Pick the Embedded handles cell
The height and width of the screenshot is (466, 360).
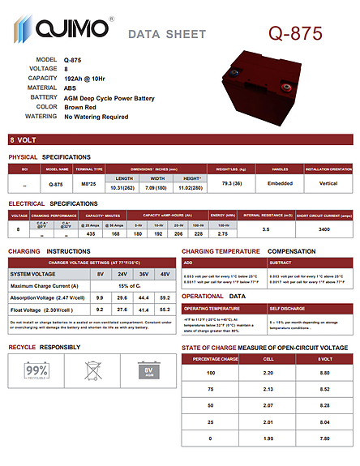point(281,183)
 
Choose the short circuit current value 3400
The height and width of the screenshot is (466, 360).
point(324,229)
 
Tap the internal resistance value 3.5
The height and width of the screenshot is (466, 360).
point(265,229)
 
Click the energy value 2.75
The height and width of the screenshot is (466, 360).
point(221,233)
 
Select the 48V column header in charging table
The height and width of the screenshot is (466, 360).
point(165,274)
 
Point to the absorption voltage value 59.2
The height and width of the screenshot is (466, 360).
point(165,298)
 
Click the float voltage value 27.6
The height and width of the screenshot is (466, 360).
point(122,310)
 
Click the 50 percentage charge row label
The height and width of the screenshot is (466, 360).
point(211,404)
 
